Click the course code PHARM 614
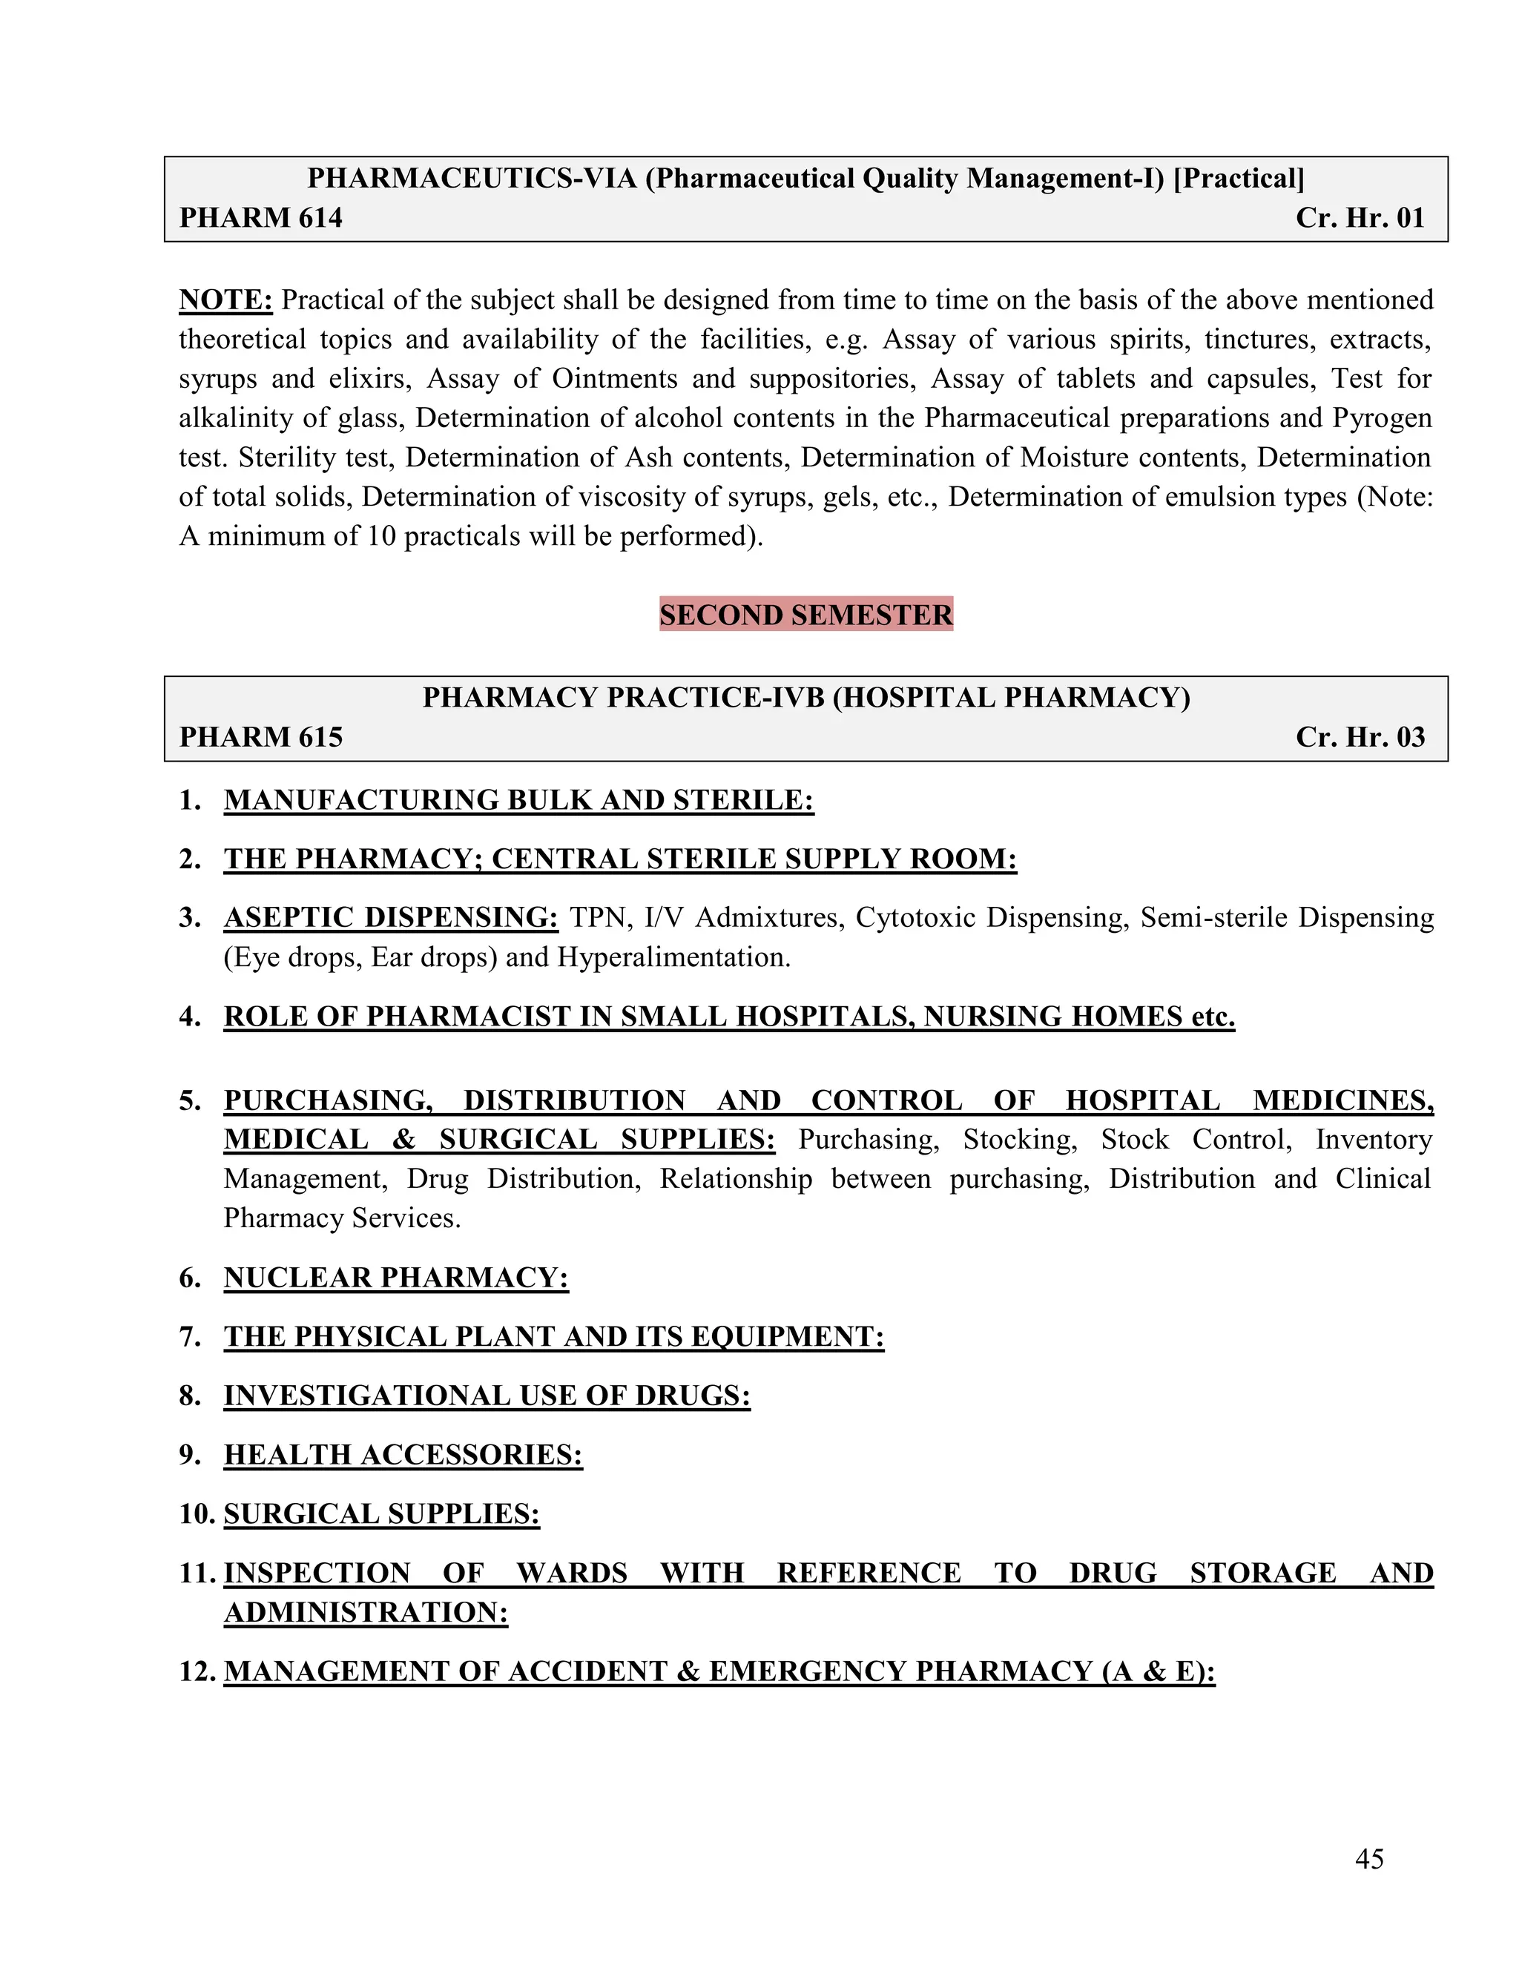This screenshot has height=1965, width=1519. click(x=261, y=218)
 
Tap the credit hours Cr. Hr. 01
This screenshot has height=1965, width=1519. click(x=1360, y=218)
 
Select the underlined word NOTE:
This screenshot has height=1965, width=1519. click(x=226, y=300)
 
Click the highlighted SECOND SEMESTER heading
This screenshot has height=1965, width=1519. click(x=805, y=615)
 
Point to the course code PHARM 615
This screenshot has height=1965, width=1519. click(x=261, y=737)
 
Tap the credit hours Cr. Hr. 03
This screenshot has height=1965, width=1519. click(x=1360, y=737)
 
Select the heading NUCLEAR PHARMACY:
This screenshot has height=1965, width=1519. click(x=396, y=1278)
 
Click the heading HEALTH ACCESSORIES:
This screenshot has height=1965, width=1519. click(x=403, y=1455)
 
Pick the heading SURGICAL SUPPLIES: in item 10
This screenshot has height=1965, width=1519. click(x=381, y=1514)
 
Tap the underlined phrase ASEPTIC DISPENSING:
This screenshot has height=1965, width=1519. click(x=391, y=918)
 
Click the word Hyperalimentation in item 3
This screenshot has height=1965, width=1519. click(x=672, y=957)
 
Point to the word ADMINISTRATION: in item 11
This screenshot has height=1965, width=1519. click(x=366, y=1612)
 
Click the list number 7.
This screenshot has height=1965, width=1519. click(x=189, y=1337)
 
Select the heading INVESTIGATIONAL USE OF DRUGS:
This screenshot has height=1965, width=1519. click(x=487, y=1396)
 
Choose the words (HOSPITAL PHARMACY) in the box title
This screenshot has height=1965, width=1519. click(x=1011, y=697)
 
